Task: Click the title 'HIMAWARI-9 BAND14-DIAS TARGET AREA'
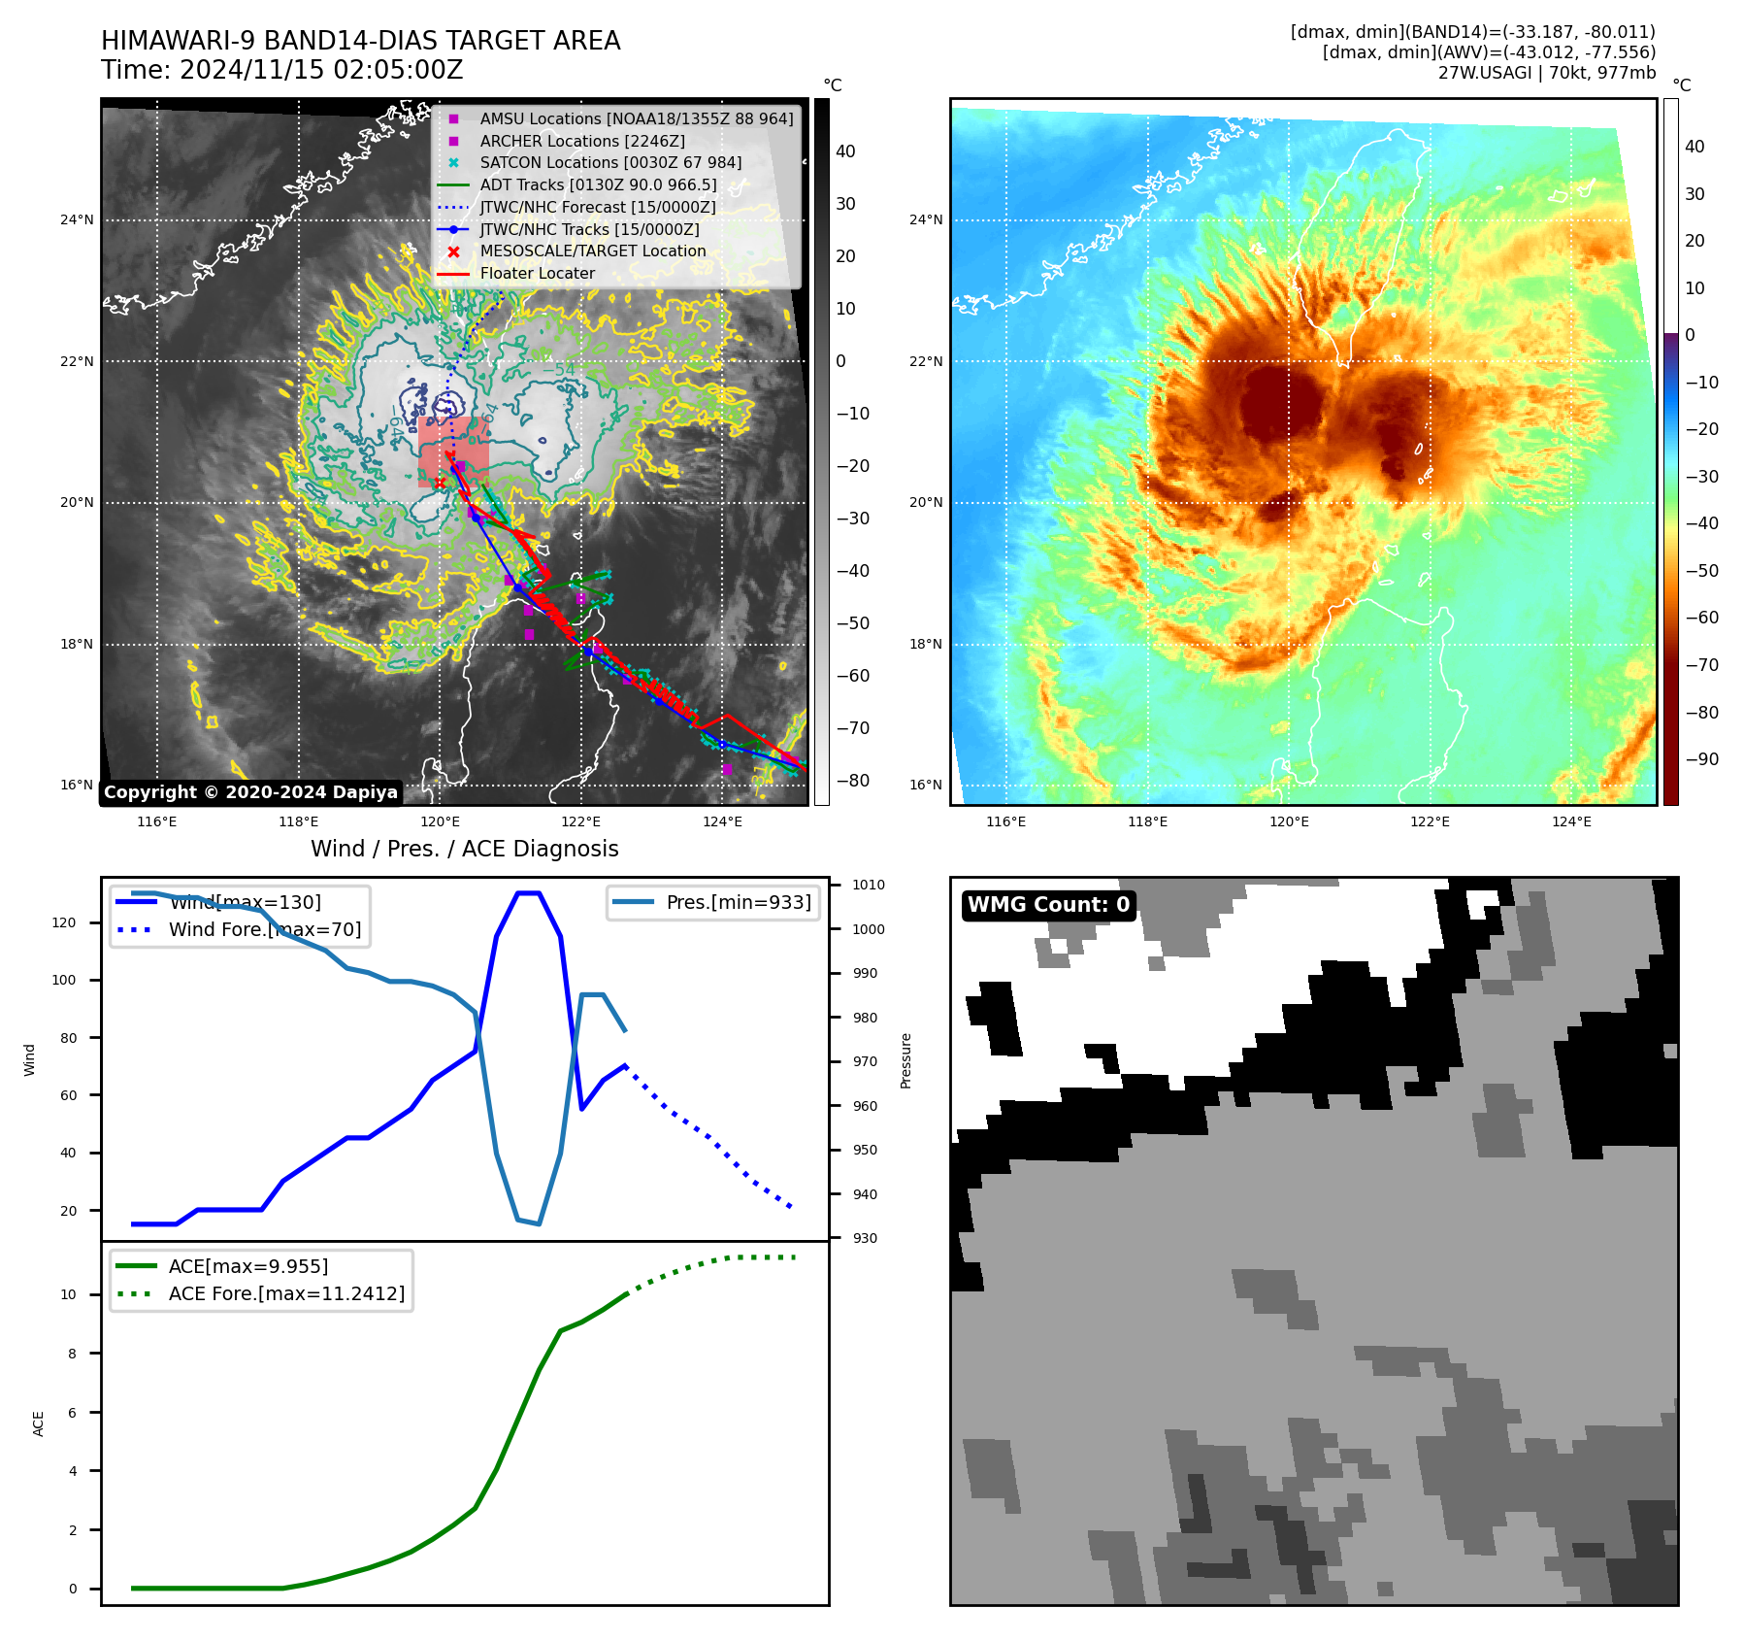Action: click(x=360, y=41)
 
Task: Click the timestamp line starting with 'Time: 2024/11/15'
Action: click(x=281, y=71)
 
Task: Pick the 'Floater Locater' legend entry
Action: click(x=537, y=273)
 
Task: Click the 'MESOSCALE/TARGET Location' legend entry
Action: click(x=592, y=251)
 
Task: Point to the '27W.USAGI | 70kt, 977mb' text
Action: click(x=1546, y=73)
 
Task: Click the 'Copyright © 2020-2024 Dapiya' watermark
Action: click(x=250, y=792)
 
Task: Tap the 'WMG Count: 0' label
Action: click(x=1048, y=905)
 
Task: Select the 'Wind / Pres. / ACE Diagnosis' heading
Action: click(x=464, y=849)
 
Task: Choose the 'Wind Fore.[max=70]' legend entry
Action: click(x=264, y=929)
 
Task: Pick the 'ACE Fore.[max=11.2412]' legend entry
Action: click(x=286, y=1293)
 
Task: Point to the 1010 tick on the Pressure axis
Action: click(x=869, y=886)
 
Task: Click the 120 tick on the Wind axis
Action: click(x=64, y=922)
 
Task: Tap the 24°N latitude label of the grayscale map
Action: click(x=77, y=220)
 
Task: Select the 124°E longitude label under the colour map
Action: click(x=1571, y=822)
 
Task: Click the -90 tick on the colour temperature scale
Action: click(x=1701, y=759)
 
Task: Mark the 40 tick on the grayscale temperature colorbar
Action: click(x=845, y=151)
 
